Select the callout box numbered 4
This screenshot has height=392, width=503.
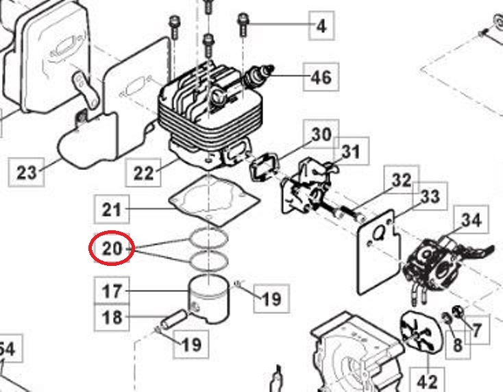click(321, 27)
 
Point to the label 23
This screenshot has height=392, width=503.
click(27, 171)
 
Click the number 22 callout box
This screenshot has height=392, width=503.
click(144, 171)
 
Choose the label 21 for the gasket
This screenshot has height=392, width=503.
click(112, 209)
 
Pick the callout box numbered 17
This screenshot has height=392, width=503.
click(112, 291)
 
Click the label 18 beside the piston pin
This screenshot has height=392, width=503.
click(112, 317)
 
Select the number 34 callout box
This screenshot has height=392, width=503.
click(471, 221)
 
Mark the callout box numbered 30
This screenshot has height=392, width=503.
click(321, 135)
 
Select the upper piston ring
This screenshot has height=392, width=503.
click(208, 239)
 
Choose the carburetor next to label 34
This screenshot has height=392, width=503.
click(429, 261)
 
